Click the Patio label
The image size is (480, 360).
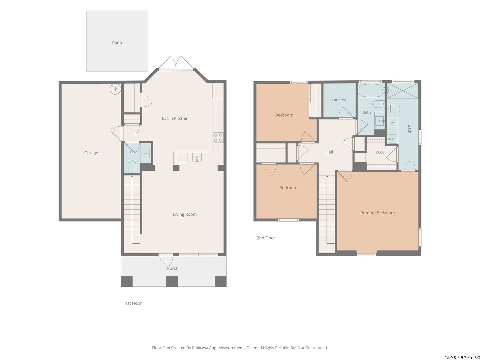tap(117, 43)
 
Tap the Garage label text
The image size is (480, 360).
tap(91, 153)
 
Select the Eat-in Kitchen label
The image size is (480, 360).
tap(175, 118)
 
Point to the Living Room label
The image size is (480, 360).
tap(185, 214)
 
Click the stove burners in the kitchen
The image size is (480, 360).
tap(218, 137)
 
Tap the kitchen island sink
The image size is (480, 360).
tap(197, 157)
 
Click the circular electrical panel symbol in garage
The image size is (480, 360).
tap(115, 89)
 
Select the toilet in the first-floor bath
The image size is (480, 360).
tap(132, 167)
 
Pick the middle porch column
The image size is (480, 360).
tap(172, 281)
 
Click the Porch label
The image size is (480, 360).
tap(173, 268)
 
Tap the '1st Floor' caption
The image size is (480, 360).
tap(133, 303)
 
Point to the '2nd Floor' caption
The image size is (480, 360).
tap(266, 238)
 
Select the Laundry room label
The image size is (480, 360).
tap(339, 100)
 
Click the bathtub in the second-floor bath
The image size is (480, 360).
tap(371, 90)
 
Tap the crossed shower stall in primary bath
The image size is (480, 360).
tap(403, 90)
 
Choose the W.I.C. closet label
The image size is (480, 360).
tap(380, 152)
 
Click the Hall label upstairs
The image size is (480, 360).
tap(329, 152)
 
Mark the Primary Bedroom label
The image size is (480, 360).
tap(377, 213)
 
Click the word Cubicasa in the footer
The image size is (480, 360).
tap(200, 348)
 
